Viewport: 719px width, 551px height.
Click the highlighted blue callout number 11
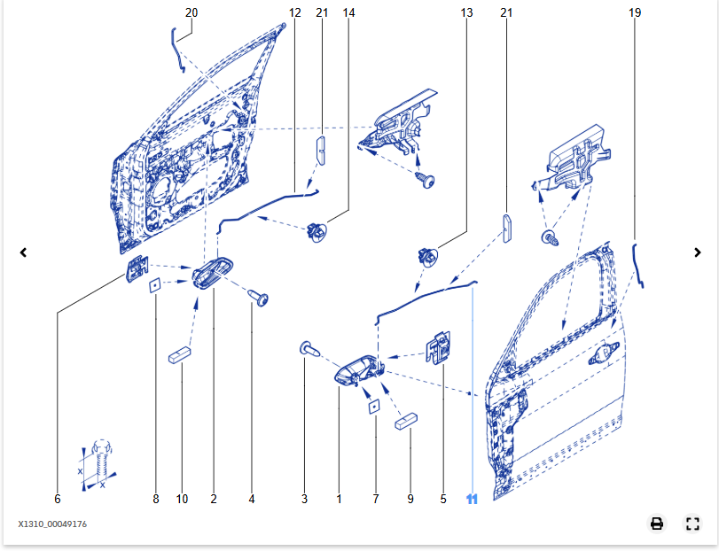472,500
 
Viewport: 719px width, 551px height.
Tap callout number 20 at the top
191,13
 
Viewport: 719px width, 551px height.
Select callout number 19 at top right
635,13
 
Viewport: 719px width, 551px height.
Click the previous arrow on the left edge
24,252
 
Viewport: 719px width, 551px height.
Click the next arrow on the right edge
698,252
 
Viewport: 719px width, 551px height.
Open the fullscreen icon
693,524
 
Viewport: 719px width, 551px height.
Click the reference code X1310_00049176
52,524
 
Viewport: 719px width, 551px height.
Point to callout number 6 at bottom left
58,500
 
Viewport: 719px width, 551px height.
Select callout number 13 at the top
467,13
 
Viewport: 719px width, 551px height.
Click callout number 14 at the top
348,13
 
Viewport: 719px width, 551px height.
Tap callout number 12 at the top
295,13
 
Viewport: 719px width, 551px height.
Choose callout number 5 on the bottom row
443,500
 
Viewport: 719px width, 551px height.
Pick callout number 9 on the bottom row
410,500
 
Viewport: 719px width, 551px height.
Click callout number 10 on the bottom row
182,500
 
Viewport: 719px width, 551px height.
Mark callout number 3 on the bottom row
304,500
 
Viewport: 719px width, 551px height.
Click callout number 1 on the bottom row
339,500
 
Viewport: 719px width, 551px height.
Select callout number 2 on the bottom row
214,500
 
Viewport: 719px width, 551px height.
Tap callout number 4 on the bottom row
252,500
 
